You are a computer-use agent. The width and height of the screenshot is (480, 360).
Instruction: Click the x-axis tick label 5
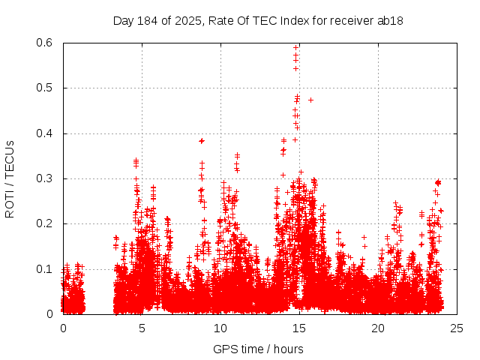pos(142,328)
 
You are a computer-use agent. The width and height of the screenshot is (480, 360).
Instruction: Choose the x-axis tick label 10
pos(220,328)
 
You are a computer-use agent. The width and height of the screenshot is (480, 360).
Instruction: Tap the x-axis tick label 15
pos(299,328)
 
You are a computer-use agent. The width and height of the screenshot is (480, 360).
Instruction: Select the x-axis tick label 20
pos(378,328)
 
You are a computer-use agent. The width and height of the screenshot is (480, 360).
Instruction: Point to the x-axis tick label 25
pos(457,328)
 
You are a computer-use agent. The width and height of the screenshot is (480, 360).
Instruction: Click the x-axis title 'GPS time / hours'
pos(258,349)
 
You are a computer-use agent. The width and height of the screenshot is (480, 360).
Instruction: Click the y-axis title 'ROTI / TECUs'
pos(10,178)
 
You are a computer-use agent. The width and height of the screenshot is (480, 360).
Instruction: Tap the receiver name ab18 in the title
pos(391,21)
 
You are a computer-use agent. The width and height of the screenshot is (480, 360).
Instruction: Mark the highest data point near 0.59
pos(295,47)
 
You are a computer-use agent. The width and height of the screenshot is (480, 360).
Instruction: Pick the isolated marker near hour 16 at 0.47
pos(310,100)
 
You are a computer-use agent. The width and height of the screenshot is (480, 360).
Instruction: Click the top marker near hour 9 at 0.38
pos(202,140)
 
